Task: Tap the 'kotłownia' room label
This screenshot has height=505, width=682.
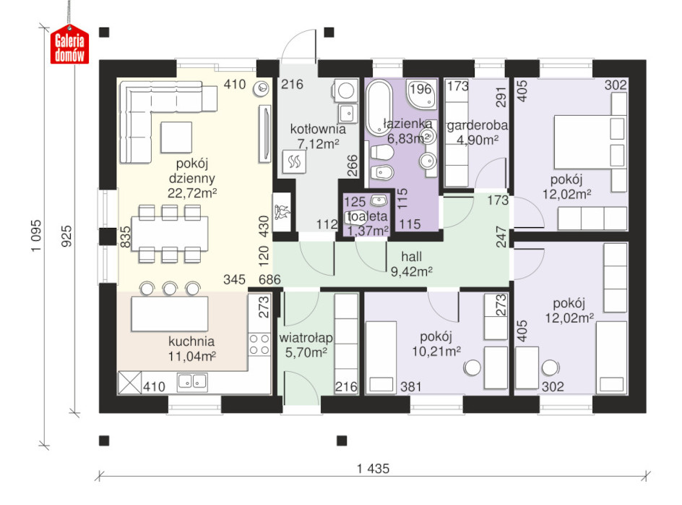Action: pos(318,129)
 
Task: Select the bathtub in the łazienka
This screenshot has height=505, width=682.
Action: pos(379,108)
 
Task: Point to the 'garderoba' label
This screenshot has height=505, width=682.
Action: pos(477,125)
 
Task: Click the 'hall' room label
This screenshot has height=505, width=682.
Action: pos(412,257)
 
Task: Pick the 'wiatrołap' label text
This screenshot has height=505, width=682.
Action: pos(306,338)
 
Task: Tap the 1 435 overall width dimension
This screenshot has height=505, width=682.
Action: pos(374,469)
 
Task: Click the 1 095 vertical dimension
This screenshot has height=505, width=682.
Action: pos(36,235)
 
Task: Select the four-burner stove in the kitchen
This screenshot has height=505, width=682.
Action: pos(259,344)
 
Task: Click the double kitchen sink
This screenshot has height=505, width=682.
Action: pos(192,382)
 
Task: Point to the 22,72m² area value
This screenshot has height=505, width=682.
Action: pos(192,192)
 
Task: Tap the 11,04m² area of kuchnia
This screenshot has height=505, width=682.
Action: pos(192,357)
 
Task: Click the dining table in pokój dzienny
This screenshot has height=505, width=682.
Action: pos(170,234)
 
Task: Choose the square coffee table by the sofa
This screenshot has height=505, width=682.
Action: pos(176,137)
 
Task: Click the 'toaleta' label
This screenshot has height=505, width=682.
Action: pos(367,216)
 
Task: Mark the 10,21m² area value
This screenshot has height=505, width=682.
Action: pos(436,351)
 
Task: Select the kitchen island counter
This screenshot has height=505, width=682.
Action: pos(169,313)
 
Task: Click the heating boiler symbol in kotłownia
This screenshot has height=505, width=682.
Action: pos(294,162)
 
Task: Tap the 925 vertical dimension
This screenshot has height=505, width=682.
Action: pos(66,236)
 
